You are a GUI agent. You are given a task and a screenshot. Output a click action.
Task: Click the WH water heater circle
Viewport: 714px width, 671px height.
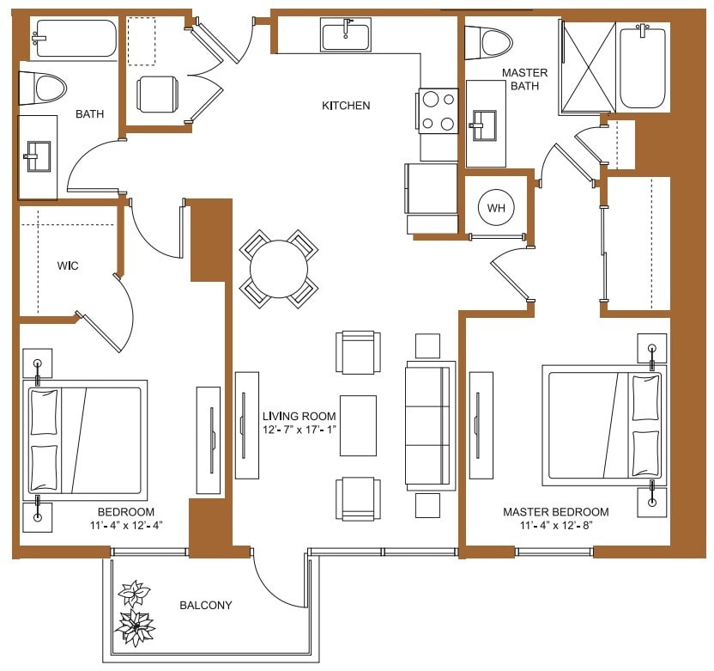(x=496, y=208)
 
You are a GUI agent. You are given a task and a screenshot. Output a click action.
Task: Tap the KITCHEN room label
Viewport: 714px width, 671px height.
(x=346, y=106)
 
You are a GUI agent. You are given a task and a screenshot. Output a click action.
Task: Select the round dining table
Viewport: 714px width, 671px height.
(x=278, y=268)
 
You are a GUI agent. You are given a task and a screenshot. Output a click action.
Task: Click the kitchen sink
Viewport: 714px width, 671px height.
(x=346, y=37)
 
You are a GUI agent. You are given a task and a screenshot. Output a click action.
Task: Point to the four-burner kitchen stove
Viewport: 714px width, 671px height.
(x=438, y=111)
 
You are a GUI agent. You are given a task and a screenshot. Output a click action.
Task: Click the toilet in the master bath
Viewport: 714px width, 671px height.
(x=487, y=41)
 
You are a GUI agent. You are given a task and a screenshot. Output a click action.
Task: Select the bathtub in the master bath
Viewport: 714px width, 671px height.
(x=643, y=65)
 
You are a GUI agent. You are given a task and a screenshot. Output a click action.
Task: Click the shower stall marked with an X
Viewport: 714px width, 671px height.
(x=588, y=68)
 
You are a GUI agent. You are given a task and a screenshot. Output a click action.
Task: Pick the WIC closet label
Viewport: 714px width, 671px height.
(x=68, y=266)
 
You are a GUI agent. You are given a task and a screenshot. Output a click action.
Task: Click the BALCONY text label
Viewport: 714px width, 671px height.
(x=206, y=605)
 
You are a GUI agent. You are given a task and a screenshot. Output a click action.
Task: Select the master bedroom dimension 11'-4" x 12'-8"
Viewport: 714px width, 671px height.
(x=556, y=525)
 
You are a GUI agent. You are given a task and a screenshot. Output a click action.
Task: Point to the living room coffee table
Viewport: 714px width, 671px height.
(x=358, y=425)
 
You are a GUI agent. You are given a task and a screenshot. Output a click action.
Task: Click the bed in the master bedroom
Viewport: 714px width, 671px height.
(x=602, y=425)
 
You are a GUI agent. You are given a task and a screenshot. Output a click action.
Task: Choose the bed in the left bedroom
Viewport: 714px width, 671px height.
(x=84, y=441)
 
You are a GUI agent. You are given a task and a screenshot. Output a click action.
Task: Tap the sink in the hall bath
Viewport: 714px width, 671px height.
(x=37, y=157)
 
